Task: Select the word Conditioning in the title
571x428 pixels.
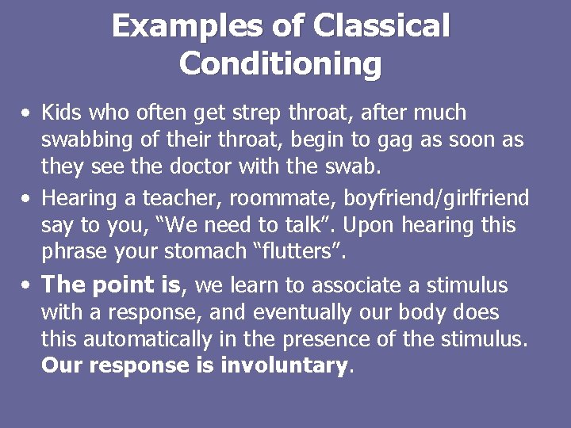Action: pyautogui.click(x=280, y=63)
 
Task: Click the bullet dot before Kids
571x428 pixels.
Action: pyautogui.click(x=27, y=113)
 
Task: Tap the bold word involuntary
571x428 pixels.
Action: pyautogui.click(x=283, y=366)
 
